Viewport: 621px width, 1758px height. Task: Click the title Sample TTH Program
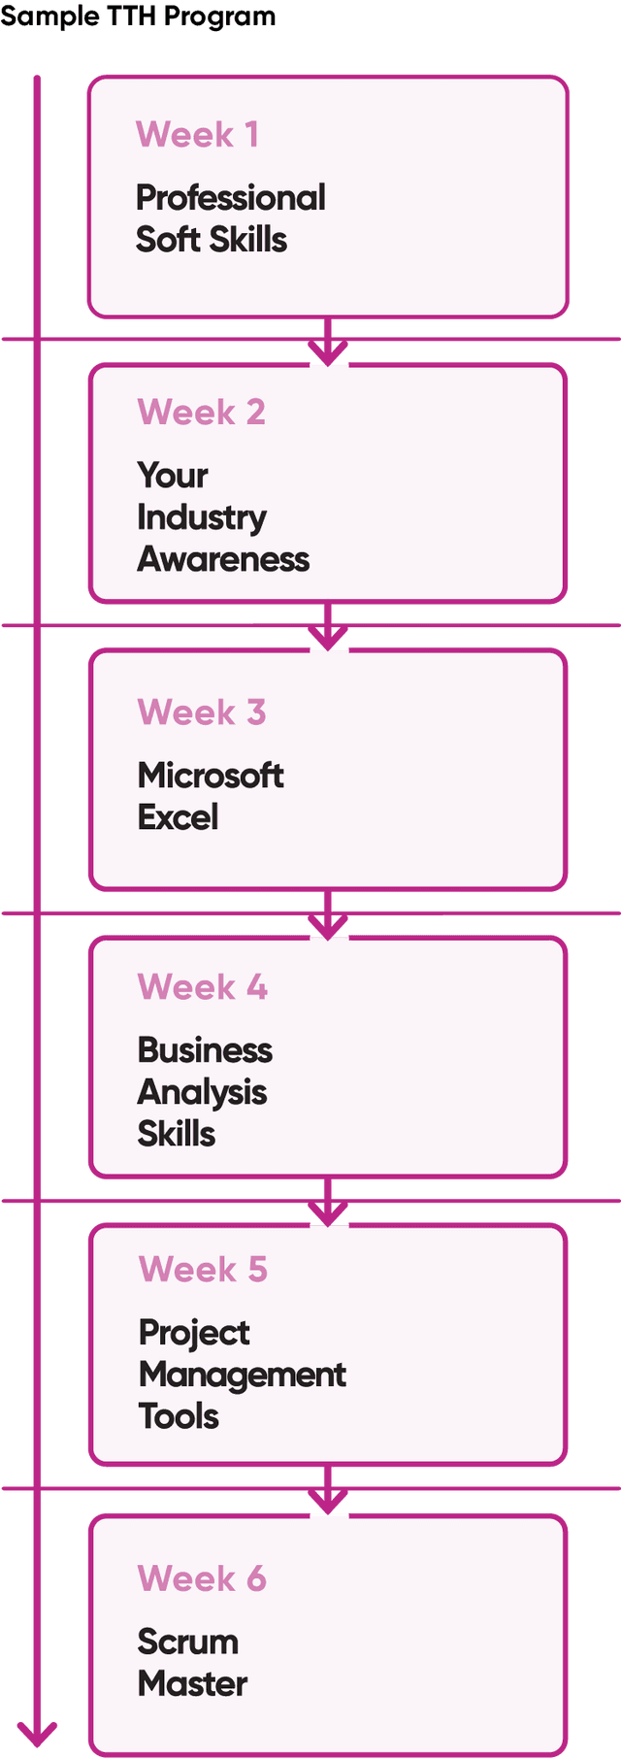pyautogui.click(x=138, y=16)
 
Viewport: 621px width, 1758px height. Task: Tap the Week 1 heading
pyautogui.click(x=197, y=135)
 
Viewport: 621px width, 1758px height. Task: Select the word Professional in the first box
pyautogui.click(x=230, y=198)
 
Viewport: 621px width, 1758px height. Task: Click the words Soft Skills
pyautogui.click(x=212, y=240)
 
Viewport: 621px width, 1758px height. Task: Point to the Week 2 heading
pyautogui.click(x=201, y=413)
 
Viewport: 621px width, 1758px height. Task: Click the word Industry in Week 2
pyautogui.click(x=202, y=518)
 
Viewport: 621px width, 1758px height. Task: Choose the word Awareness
pyautogui.click(x=223, y=559)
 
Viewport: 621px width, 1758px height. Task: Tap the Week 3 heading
pyautogui.click(x=201, y=713)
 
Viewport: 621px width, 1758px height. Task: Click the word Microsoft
pyautogui.click(x=211, y=776)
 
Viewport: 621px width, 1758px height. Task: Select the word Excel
pyautogui.click(x=178, y=817)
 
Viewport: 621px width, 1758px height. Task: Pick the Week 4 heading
pyautogui.click(x=202, y=987)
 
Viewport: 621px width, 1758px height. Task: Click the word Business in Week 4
pyautogui.click(x=205, y=1050)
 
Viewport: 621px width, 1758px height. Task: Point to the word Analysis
pyautogui.click(x=202, y=1093)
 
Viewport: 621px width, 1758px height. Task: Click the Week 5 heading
pyautogui.click(x=203, y=1270)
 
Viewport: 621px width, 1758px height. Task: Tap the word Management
pyautogui.click(x=243, y=1375)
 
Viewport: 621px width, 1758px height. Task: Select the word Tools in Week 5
pyautogui.click(x=179, y=1416)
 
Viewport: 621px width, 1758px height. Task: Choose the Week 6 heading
pyautogui.click(x=202, y=1578)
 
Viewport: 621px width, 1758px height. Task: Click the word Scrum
pyautogui.click(x=188, y=1642)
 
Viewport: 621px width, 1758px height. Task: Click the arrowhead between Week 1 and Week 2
pyautogui.click(x=328, y=351)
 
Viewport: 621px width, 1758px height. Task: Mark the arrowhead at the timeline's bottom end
pyautogui.click(x=37, y=1733)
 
